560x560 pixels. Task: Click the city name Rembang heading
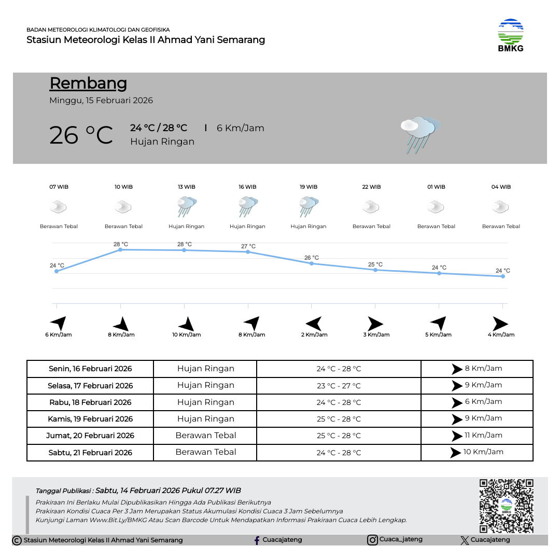[88, 83]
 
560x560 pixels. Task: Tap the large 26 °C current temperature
[81, 135]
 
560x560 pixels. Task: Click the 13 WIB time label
[187, 187]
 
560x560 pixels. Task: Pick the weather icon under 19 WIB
[309, 206]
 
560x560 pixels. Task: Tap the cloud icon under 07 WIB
[59, 207]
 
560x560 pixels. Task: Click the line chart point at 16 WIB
[248, 251]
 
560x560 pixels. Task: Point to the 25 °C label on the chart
[375, 264]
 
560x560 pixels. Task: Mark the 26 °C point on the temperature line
[312, 263]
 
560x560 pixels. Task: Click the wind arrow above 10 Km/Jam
[186, 324]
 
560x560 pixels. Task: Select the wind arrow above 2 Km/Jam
[314, 324]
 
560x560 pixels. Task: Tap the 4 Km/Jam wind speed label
[501, 335]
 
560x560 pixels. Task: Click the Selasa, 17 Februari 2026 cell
[90, 386]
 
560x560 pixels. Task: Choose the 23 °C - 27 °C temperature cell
[339, 386]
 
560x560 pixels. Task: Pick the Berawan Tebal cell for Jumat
[205, 436]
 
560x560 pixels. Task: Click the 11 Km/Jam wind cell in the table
[477, 436]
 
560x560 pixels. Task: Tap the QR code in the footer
[506, 506]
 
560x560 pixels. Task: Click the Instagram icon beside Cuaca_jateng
[372, 540]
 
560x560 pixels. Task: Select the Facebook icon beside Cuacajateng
[257, 540]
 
